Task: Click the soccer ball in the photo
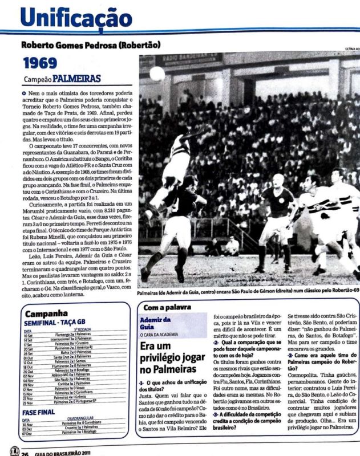coord(157,74)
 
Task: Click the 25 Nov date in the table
coord(29,402)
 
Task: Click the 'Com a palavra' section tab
coord(165,307)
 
